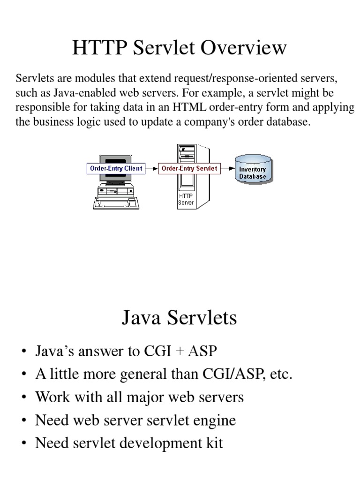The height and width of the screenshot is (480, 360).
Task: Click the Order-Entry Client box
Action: coord(116,168)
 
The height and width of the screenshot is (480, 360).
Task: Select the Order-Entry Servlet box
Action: coord(189,168)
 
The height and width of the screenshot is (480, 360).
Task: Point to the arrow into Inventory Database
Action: coord(227,168)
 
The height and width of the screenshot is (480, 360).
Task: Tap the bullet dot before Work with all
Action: coord(23,398)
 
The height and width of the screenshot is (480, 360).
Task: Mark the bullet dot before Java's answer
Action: coord(23,352)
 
